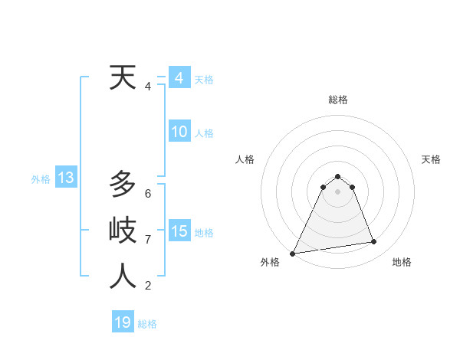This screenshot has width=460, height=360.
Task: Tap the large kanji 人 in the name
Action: [x=123, y=276]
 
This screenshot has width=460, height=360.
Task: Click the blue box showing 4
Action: [x=179, y=78]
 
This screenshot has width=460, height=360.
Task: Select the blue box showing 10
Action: [x=179, y=133]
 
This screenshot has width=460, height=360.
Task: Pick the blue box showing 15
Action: [x=179, y=231]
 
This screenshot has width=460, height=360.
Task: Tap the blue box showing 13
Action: [x=66, y=178]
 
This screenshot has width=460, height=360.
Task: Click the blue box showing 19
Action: [x=123, y=322]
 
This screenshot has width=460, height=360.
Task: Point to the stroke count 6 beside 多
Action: [x=148, y=193]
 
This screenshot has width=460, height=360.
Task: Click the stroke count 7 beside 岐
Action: [x=148, y=240]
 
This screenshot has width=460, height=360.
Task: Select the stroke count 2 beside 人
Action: [x=148, y=286]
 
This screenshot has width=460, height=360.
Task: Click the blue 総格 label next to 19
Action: [x=147, y=324]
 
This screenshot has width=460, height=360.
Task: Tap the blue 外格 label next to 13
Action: [x=41, y=179]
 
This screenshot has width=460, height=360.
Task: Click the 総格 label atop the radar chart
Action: [x=338, y=100]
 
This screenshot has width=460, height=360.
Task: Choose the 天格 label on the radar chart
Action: [x=431, y=159]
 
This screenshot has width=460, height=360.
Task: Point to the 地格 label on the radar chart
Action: [x=402, y=262]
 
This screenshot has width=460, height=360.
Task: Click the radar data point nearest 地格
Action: [x=374, y=242]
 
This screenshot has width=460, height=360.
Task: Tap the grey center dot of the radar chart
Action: [x=338, y=191]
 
